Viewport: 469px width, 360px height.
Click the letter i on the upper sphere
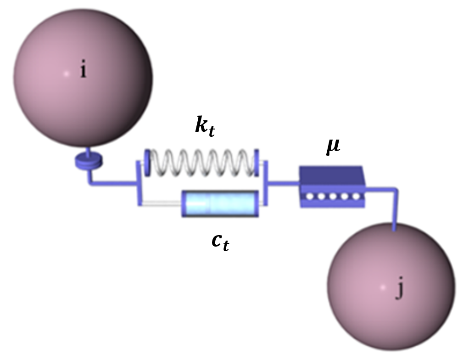[x=83, y=71]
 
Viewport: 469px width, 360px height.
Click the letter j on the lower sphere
[x=399, y=290]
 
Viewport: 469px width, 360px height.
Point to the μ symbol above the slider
[x=333, y=147]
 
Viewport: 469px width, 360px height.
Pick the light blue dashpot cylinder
[x=220, y=204]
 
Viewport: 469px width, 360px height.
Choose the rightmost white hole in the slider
[x=356, y=197]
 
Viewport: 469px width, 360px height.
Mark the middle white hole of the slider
[x=333, y=197]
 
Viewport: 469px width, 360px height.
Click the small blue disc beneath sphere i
[x=89, y=161]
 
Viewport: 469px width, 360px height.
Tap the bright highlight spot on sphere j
[x=383, y=287]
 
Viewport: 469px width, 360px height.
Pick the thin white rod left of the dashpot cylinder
[x=162, y=204]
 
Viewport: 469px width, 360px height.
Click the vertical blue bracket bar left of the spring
[x=139, y=183]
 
